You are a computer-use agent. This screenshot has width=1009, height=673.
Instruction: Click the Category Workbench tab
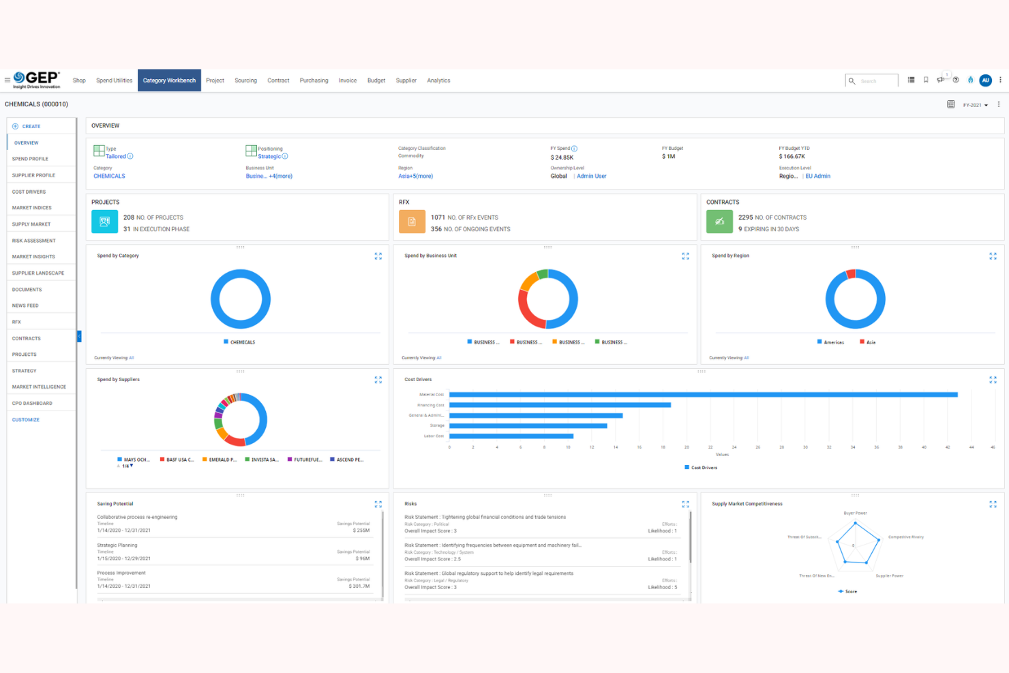(x=169, y=80)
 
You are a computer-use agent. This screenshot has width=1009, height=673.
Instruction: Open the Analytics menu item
(x=438, y=80)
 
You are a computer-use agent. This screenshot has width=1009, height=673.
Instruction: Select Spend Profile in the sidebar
(x=30, y=159)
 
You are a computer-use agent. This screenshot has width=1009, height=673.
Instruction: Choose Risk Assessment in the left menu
(x=33, y=241)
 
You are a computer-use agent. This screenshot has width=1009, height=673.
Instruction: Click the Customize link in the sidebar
(x=26, y=420)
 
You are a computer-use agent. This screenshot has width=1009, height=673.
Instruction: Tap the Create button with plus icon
(x=27, y=126)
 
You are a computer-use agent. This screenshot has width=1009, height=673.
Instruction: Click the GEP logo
(x=37, y=79)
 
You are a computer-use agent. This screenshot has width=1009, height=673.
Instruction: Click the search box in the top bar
(x=872, y=81)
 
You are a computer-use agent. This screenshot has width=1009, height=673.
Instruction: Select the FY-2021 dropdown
(x=975, y=105)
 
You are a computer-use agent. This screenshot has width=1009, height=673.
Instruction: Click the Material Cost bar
(x=702, y=395)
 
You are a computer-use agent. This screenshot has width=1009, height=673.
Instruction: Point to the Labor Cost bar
(x=511, y=436)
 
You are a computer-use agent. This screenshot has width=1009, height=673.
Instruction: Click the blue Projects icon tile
(x=104, y=222)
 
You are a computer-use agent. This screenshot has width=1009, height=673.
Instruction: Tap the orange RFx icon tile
(x=412, y=222)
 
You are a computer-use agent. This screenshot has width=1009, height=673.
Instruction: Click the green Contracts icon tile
(x=719, y=222)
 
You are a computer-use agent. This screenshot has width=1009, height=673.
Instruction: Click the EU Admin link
(x=817, y=176)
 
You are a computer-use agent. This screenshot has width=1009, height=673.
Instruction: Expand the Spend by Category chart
(x=378, y=256)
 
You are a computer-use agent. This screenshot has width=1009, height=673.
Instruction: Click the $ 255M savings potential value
(x=361, y=530)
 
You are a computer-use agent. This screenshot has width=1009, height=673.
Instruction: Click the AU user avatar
(x=985, y=80)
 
